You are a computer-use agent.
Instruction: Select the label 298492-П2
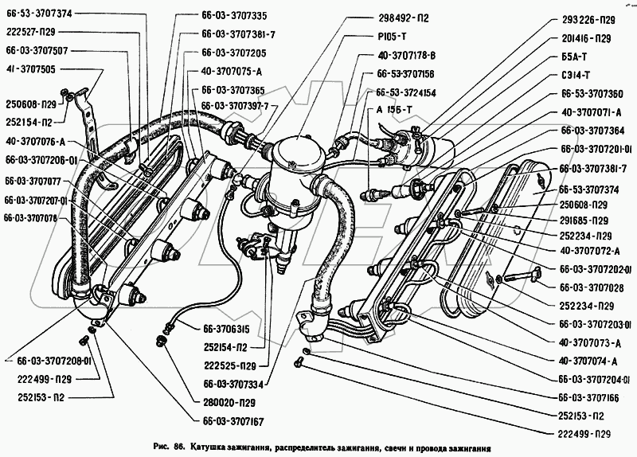[401, 18]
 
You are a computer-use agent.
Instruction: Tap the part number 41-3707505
[30, 69]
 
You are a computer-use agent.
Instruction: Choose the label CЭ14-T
[576, 75]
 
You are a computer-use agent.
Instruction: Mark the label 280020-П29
[229, 403]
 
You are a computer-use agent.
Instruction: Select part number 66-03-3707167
[233, 421]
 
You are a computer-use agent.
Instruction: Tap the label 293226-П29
[588, 20]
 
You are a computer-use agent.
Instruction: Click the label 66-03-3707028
[592, 287]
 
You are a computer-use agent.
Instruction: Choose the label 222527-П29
[30, 32]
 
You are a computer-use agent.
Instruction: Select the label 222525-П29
[229, 366]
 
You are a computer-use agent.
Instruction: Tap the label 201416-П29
[586, 38]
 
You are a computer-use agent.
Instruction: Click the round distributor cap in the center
[299, 154]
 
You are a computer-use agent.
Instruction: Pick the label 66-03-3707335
[234, 16]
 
